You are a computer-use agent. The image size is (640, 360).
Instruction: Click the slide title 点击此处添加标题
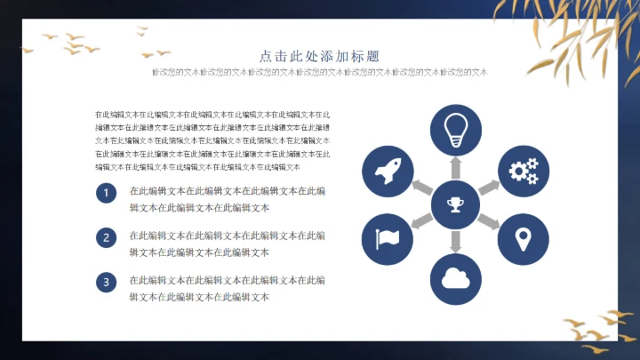(319, 55)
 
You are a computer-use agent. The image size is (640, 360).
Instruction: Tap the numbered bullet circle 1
(106, 194)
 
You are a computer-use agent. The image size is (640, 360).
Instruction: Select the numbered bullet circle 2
(106, 237)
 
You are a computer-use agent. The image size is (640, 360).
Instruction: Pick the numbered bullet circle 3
(106, 283)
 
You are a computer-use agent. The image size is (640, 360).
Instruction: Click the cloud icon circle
(456, 279)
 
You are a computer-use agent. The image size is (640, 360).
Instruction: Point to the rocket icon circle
(388, 171)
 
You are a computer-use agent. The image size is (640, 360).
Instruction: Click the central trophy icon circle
(456, 205)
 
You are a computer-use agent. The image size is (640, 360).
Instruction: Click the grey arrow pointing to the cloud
(456, 241)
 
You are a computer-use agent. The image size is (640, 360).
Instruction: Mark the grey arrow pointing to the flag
(421, 222)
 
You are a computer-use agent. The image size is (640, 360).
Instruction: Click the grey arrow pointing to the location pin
(490, 222)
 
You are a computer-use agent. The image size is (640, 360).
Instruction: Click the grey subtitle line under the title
(320, 72)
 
